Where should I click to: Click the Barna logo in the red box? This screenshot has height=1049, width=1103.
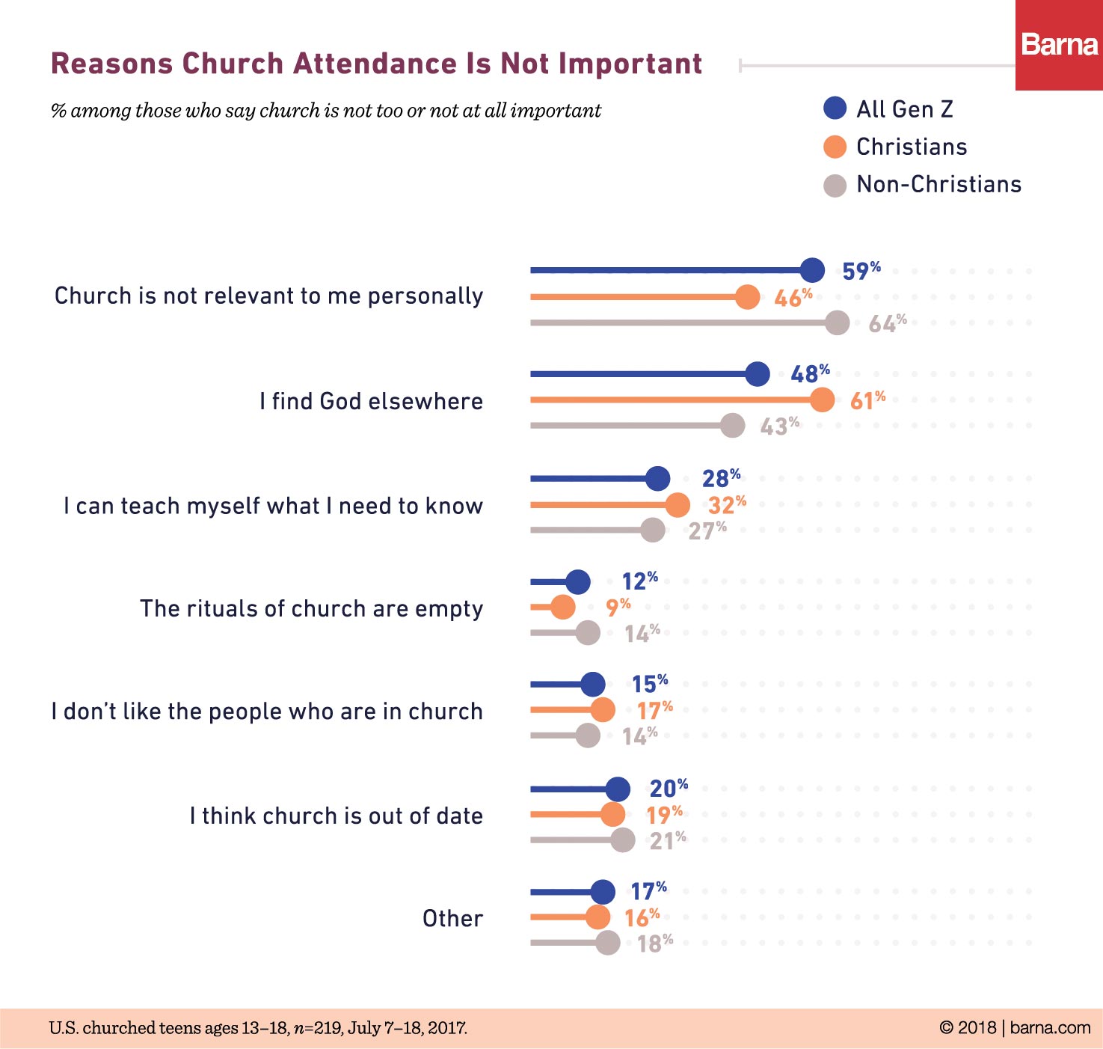point(1059,45)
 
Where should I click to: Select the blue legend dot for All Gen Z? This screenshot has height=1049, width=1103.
point(835,108)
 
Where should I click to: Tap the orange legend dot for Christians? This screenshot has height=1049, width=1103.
point(835,147)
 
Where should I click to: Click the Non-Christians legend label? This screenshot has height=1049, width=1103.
point(938,184)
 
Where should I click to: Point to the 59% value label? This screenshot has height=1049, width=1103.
point(861,270)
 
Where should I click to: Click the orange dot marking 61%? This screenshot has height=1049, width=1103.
point(822,400)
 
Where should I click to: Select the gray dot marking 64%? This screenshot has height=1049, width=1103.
point(838,322)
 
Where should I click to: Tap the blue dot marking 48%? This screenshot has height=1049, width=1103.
point(758,374)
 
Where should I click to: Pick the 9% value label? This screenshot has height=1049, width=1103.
point(618,606)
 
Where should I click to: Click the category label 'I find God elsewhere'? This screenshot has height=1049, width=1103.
point(371,401)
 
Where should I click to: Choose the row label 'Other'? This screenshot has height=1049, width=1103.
point(452,918)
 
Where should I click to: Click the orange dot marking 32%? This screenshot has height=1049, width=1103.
point(678,505)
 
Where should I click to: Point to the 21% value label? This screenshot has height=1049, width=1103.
point(667,840)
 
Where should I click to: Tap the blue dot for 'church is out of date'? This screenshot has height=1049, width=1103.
point(618,789)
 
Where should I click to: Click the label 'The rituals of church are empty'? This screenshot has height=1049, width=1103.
point(311,608)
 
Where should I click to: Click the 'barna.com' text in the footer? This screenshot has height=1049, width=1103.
point(1050,1027)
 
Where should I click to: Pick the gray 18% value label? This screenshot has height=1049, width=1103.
point(654,943)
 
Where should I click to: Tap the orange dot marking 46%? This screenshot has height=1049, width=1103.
point(747,297)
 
